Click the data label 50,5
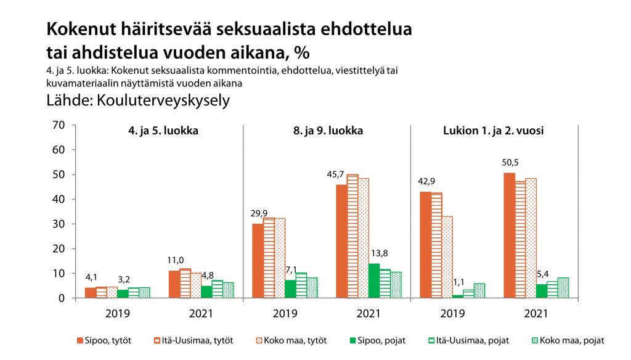[509, 165]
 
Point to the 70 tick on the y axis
[59, 125]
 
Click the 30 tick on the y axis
[59, 224]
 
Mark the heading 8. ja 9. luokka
[328, 131]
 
